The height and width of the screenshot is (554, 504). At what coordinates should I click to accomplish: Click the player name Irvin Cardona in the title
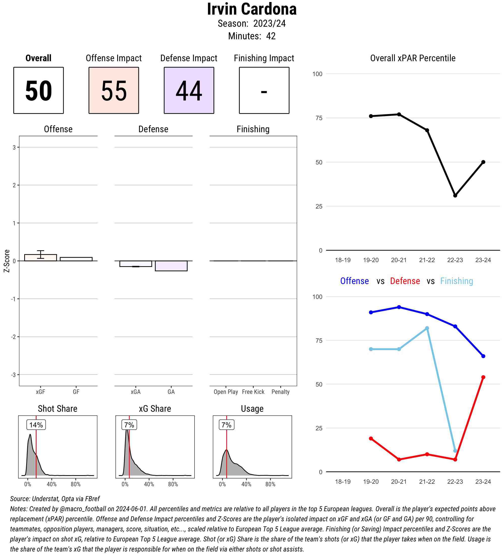pyautogui.click(x=251, y=9)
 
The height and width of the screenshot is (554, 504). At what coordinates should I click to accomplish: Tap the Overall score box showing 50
pyautogui.click(x=39, y=90)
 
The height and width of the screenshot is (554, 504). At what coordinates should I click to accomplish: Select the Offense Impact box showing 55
pyautogui.click(x=114, y=90)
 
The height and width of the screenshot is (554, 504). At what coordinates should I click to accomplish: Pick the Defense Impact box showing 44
pyautogui.click(x=189, y=90)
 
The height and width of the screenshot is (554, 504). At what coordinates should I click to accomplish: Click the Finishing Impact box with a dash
pyautogui.click(x=264, y=90)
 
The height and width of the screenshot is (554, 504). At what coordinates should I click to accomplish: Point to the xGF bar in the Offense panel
pyautogui.click(x=40, y=258)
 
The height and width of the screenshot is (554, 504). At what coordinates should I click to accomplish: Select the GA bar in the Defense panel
pyautogui.click(x=171, y=266)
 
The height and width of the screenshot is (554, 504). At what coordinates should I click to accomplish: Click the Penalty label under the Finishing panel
pyautogui.click(x=280, y=392)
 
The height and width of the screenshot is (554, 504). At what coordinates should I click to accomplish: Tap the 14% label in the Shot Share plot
pyautogui.click(x=36, y=425)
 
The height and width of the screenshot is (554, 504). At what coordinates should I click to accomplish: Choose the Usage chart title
pyautogui.click(x=252, y=409)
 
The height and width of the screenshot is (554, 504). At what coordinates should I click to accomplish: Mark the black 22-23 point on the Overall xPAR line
pyautogui.click(x=455, y=196)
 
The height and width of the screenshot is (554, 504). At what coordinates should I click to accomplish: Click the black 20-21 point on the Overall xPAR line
pyautogui.click(x=399, y=114)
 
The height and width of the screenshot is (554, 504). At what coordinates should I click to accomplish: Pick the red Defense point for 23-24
pyautogui.click(x=483, y=377)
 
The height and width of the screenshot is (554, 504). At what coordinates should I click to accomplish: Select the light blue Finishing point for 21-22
pyautogui.click(x=427, y=328)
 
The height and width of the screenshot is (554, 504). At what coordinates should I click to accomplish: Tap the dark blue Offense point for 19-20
pyautogui.click(x=371, y=313)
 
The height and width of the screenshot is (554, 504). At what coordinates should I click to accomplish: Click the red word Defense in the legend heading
pyautogui.click(x=405, y=281)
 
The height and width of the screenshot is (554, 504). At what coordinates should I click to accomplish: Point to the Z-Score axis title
pyautogui.click(x=7, y=261)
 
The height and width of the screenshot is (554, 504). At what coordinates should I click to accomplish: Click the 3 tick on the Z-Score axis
pyautogui.click(x=14, y=148)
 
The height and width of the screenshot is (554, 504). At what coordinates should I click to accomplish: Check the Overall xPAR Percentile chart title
pyautogui.click(x=413, y=58)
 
